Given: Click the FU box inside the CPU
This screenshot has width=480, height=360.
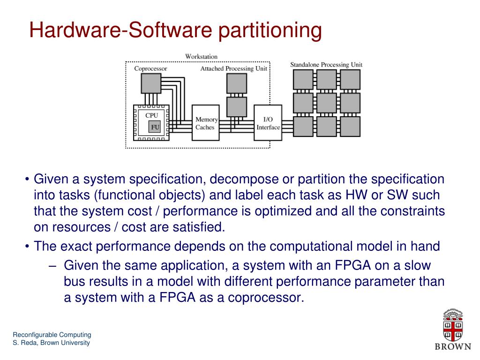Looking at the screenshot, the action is tap(154, 127).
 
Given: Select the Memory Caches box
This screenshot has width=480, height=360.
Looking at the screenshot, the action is tap(205, 123).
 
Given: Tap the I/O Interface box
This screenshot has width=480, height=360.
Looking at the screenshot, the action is tap(268, 123).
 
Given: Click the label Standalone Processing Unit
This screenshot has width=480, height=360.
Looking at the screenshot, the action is tap(326, 65).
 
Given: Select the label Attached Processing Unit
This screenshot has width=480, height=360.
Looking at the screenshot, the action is tap(234, 68).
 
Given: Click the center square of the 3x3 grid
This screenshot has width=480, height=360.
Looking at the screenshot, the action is tap(326, 103).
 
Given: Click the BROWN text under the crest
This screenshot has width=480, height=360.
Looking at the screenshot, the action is tap(453, 347).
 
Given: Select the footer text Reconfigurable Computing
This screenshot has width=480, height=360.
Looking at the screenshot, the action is tap(52, 335).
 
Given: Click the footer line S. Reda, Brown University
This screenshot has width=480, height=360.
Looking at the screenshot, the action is tap(51, 343).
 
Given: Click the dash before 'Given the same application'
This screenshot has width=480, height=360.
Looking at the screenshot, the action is tap(52, 265).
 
